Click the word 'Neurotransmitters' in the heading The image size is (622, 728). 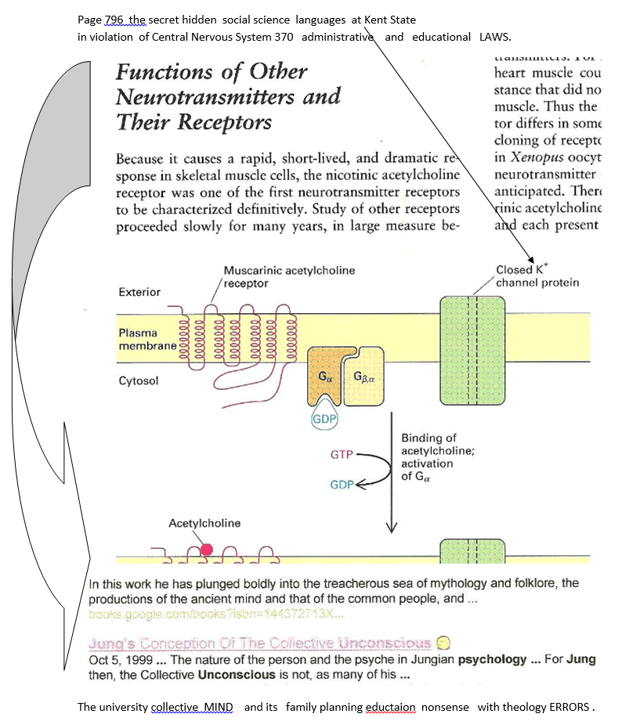228,97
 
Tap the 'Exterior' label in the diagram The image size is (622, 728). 139,292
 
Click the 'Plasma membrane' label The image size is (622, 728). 148,339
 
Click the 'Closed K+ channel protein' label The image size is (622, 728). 537,276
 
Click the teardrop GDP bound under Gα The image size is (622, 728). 325,419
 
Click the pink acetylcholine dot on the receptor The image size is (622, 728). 206,550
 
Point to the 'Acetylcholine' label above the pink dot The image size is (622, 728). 204,522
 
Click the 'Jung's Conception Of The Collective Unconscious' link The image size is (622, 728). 260,643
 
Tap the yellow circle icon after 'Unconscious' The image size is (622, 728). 443,643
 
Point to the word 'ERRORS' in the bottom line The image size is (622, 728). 569,707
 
